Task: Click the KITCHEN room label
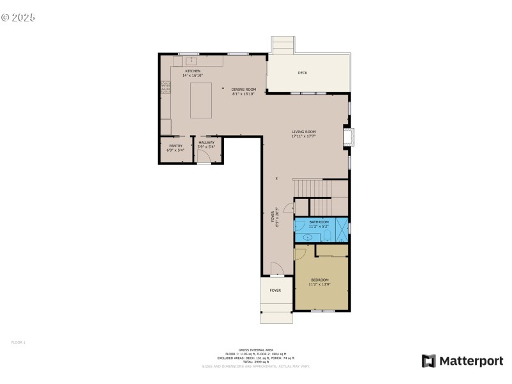[x=193, y=71]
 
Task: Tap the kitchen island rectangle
[x=202, y=99]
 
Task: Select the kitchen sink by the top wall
[x=191, y=61]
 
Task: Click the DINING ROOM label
[x=243, y=89]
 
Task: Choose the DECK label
[x=302, y=73]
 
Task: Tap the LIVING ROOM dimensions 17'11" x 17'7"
[x=303, y=136]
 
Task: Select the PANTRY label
[x=175, y=146]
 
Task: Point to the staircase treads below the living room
[x=314, y=189]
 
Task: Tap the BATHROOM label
[x=319, y=221]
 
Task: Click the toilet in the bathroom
[x=326, y=236]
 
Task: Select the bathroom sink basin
[x=308, y=237]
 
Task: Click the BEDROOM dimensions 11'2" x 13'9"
[x=320, y=284]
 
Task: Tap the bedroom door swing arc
[x=300, y=254]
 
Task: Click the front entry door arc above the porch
[x=275, y=269]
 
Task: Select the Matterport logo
[x=462, y=361]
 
